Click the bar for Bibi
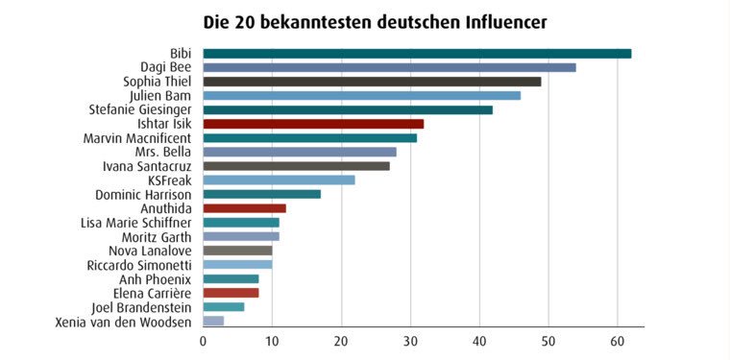point(417,54)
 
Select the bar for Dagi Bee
point(389,67)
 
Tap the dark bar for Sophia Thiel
point(372,82)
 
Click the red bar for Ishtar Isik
point(313,124)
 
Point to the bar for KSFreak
point(279,180)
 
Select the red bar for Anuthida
point(244,208)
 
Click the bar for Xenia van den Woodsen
point(213,321)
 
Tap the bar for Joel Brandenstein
point(223,306)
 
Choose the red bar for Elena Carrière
point(231,293)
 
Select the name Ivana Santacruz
point(147,166)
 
